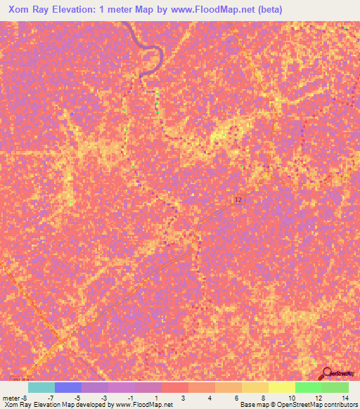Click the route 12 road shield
click(x=238, y=200)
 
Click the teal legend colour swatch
click(x=41, y=387)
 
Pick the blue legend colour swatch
click(x=67, y=387)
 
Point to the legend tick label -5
click(x=77, y=397)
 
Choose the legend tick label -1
click(x=131, y=397)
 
